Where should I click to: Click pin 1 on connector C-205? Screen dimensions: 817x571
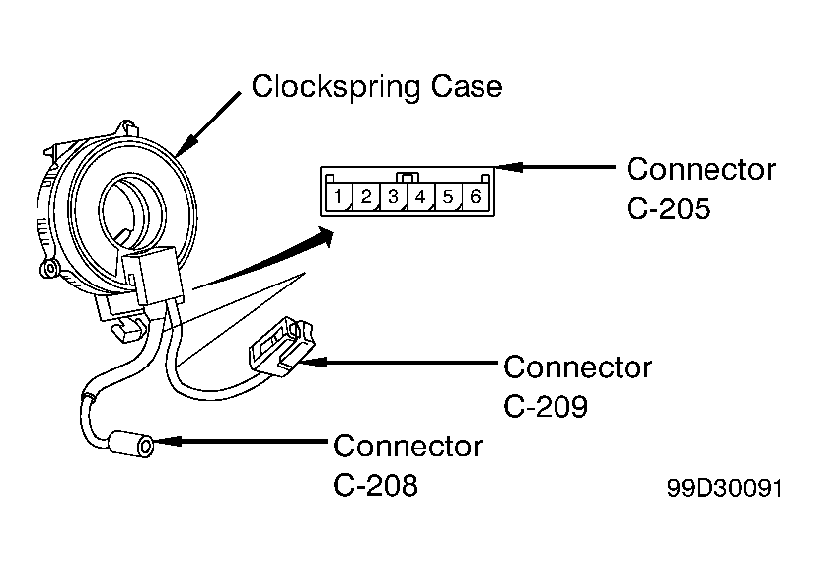(339, 197)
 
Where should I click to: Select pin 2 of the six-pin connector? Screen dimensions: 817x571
(366, 197)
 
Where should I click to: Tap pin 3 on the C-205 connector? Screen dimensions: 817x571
(394, 197)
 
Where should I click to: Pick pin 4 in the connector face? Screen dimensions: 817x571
(420, 197)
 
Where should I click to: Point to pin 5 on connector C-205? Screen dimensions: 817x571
(448, 197)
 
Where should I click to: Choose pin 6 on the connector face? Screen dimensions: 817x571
(475, 197)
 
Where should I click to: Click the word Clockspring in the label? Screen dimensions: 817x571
(335, 87)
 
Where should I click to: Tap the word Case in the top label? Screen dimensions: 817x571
(467, 87)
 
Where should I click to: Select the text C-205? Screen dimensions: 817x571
(669, 208)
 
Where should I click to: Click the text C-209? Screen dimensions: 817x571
(546, 406)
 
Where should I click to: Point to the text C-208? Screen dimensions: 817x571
(376, 485)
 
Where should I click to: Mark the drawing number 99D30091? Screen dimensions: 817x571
(725, 489)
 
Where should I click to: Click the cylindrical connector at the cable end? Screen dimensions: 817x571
(133, 445)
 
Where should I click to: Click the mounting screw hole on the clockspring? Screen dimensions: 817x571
(50, 269)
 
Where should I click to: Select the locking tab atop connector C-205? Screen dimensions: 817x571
(408, 177)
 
